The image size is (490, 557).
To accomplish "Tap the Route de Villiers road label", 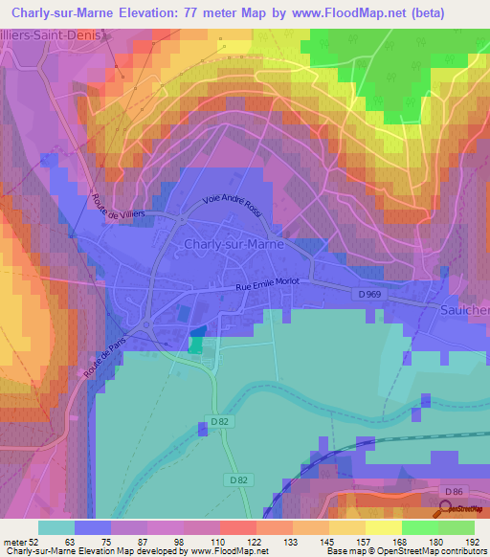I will point(119,204).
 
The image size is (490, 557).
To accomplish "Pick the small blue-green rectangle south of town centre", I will point(196,341).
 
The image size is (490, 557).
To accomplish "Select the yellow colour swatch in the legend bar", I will point(384,527).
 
